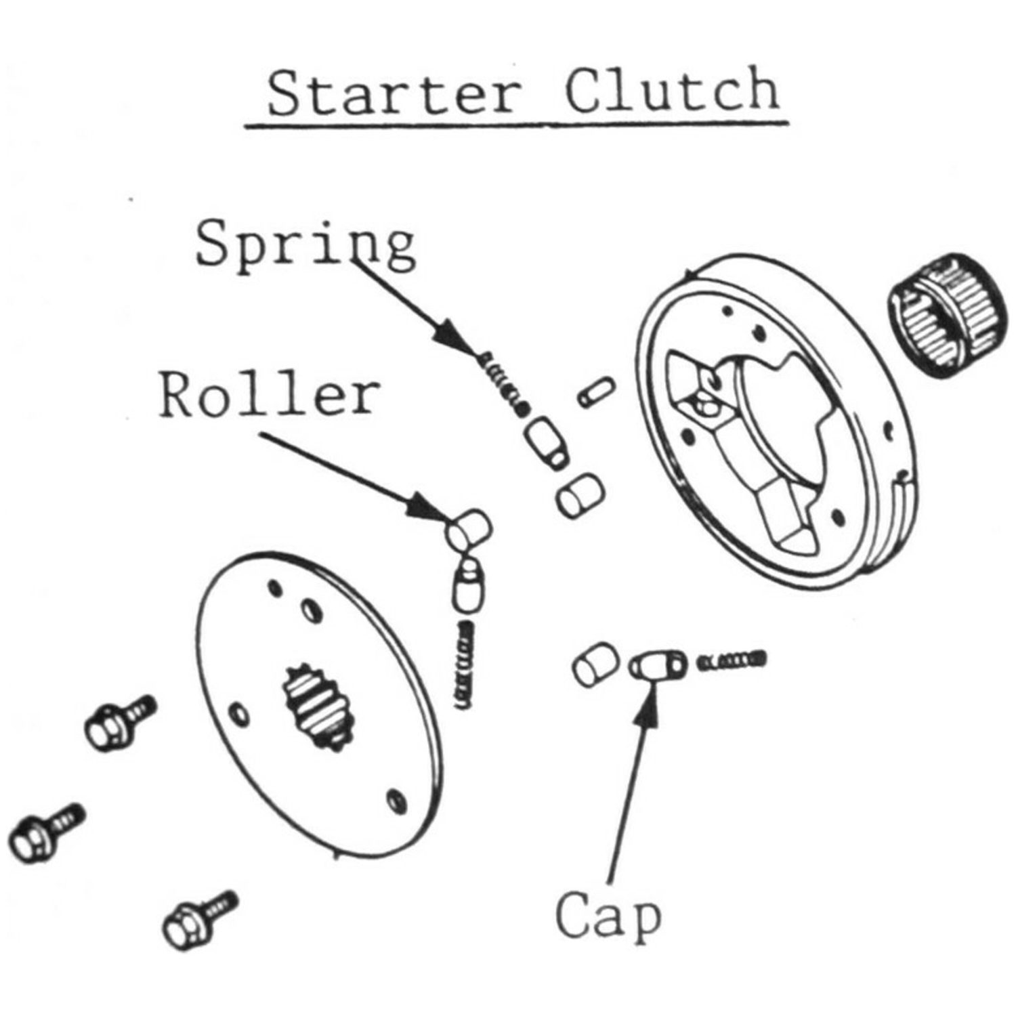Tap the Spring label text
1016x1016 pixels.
306,244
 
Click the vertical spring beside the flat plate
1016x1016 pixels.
465,665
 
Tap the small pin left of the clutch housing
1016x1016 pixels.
596,392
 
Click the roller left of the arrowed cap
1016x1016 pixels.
594,665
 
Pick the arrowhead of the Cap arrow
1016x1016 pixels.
649,704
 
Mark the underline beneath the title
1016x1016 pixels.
517,125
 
